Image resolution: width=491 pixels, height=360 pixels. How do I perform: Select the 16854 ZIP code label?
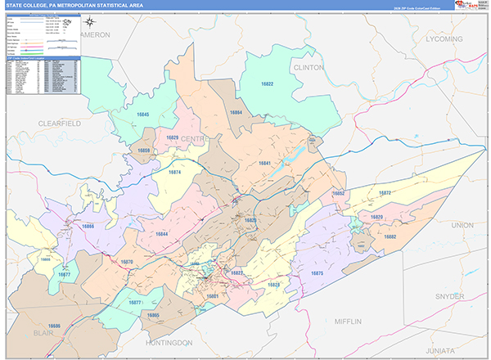click(236, 112)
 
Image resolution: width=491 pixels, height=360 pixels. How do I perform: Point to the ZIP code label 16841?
click(264, 164)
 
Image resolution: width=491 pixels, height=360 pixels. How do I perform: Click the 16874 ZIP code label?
click(174, 173)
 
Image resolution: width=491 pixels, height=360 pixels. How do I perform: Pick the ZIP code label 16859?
click(144, 151)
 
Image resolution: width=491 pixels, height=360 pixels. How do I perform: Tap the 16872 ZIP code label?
click(385, 193)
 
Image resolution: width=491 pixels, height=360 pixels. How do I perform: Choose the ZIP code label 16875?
click(317, 272)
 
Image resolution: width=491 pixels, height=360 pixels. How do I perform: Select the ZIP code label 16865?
click(154, 315)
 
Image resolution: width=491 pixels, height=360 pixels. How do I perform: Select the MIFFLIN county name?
click(347, 322)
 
